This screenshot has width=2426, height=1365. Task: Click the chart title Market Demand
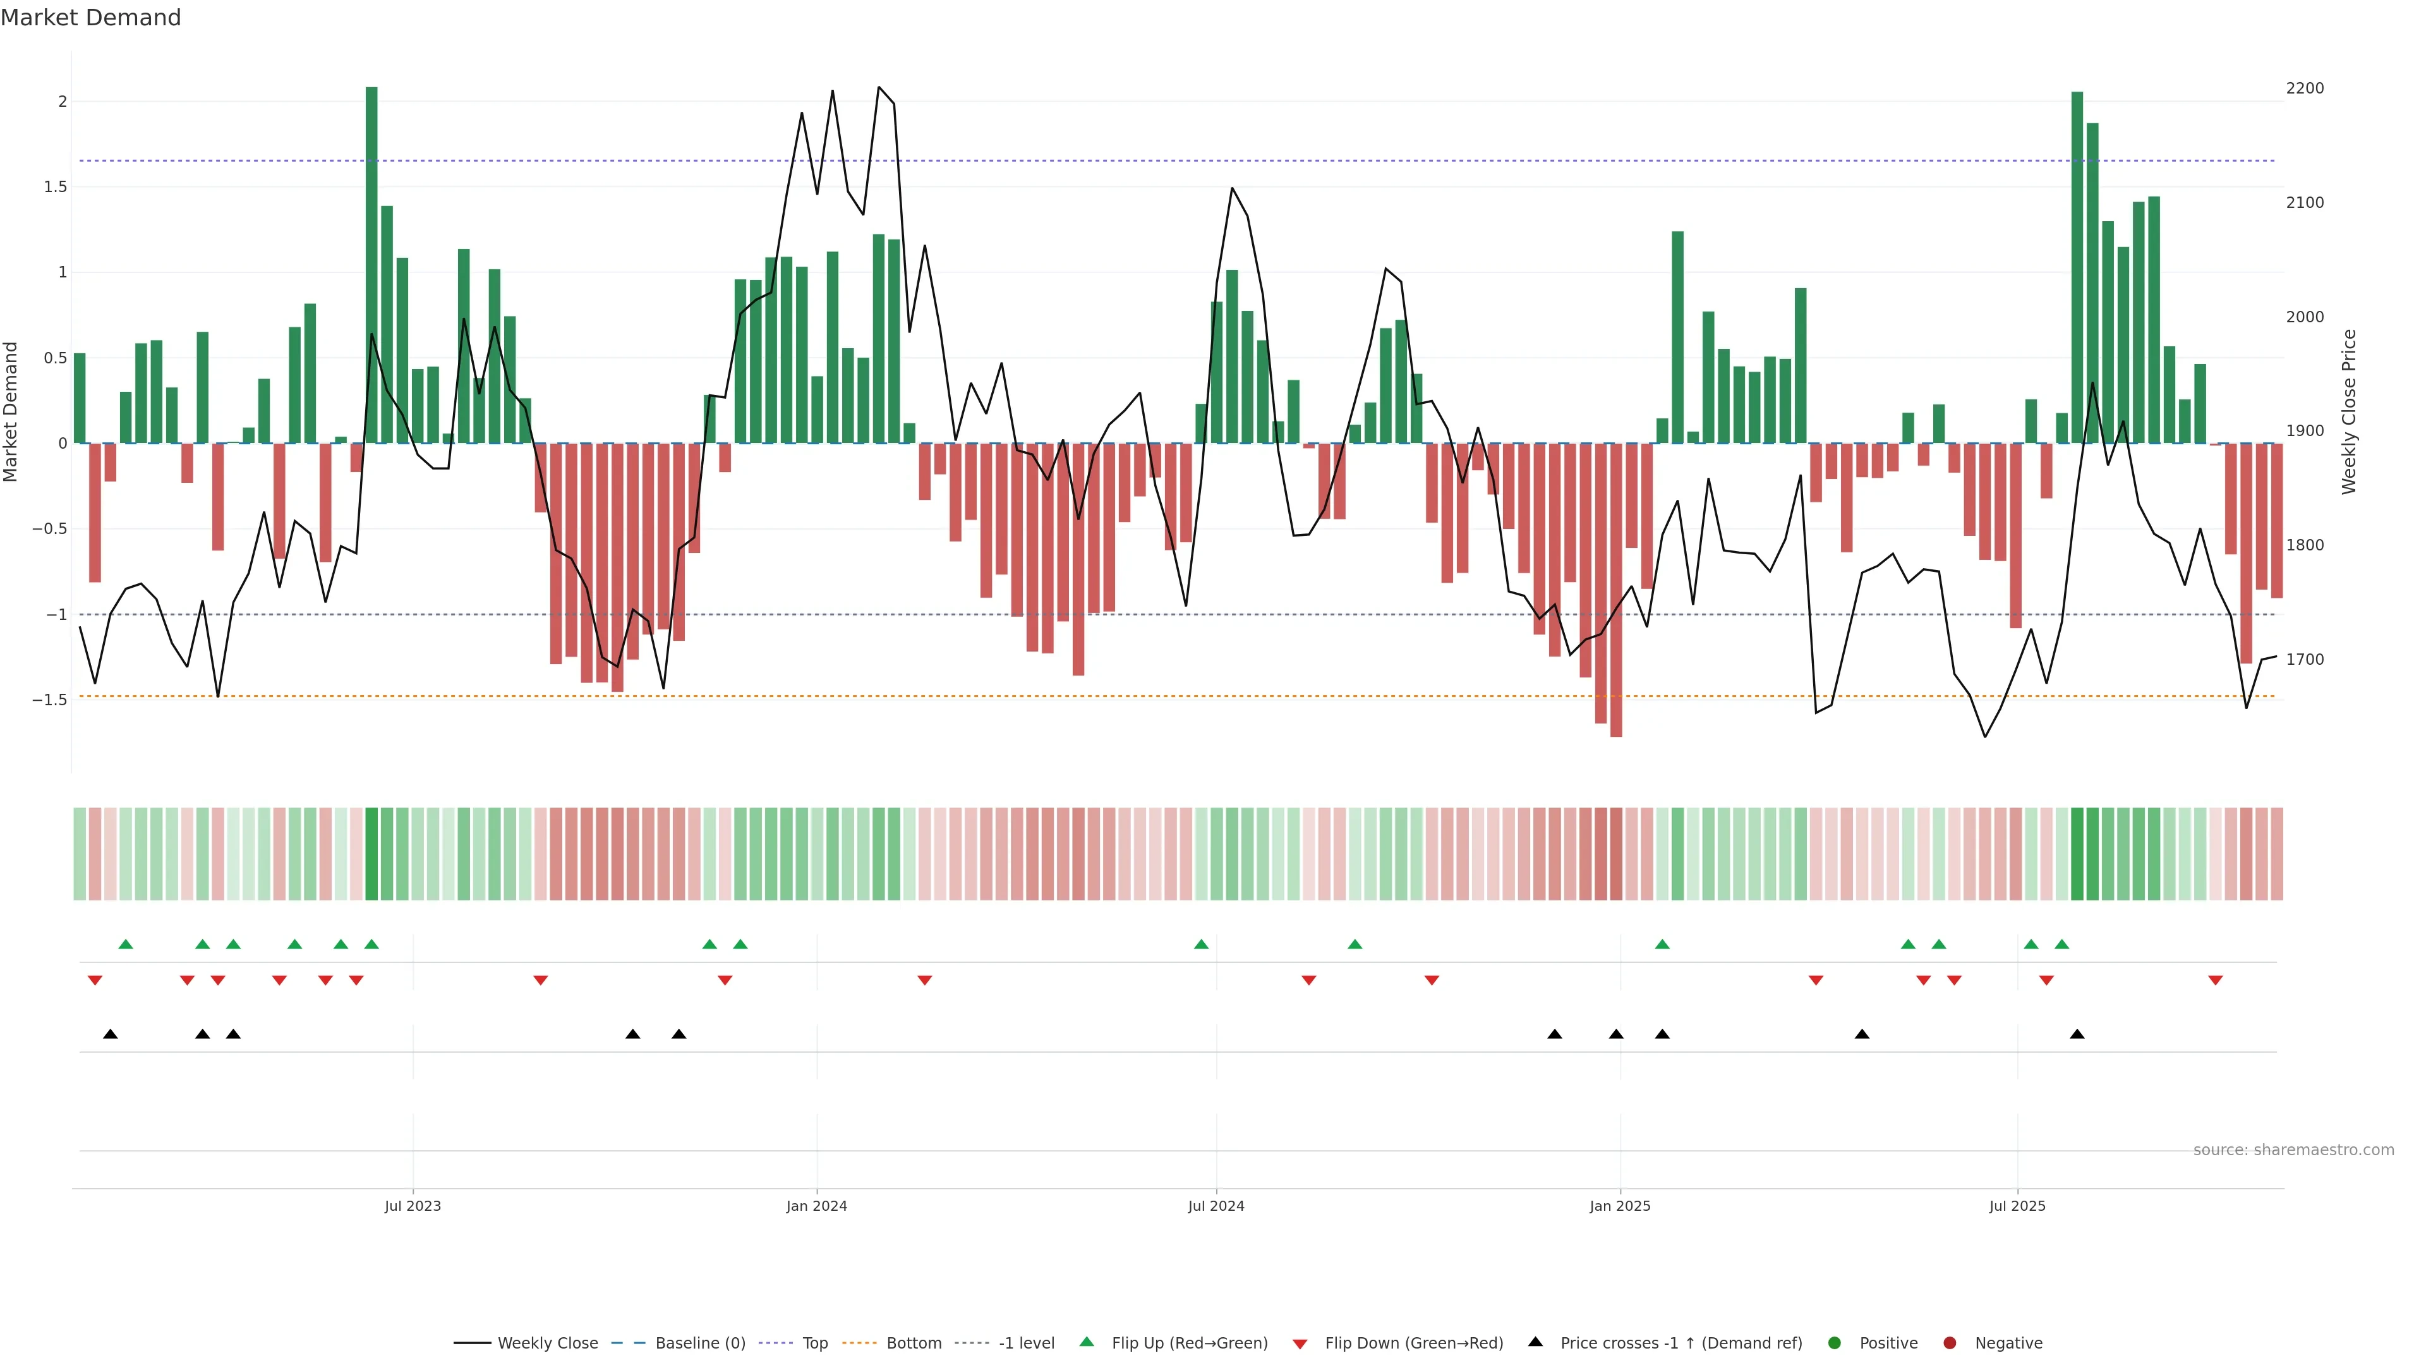(x=90, y=18)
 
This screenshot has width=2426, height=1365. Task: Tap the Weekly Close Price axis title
(x=2349, y=411)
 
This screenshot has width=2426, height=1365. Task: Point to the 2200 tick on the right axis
(x=2305, y=88)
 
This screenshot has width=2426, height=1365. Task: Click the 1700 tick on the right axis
(x=2305, y=659)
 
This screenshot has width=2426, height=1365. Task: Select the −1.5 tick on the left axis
(x=49, y=700)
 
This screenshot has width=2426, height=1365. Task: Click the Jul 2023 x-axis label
(x=413, y=1206)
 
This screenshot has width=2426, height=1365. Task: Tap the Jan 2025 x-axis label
(x=1620, y=1206)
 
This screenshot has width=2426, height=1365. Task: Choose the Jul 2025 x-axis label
(x=2017, y=1206)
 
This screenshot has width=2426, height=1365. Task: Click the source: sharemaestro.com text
(x=2293, y=1150)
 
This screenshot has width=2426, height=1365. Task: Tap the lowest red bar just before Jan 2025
(x=1616, y=590)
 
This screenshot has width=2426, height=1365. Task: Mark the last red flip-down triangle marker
(x=2215, y=981)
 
